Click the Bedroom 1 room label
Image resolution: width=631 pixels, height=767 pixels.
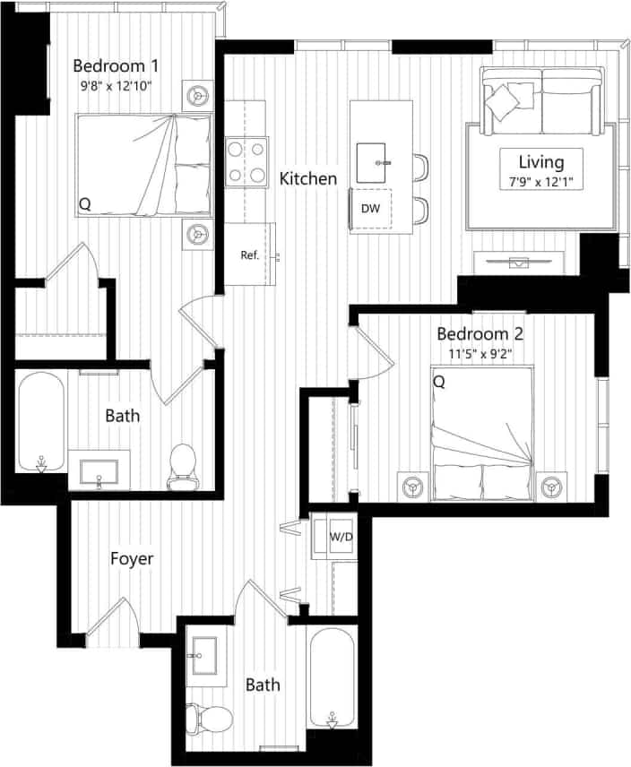[x=117, y=65]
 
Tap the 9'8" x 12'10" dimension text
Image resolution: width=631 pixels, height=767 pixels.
[x=117, y=88]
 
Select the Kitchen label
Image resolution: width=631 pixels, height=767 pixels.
[x=308, y=178]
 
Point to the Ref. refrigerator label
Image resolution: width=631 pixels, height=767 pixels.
[x=249, y=254]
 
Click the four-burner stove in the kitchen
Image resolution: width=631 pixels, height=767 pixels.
[x=246, y=161]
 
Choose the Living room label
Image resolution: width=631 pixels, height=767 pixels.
[x=541, y=162]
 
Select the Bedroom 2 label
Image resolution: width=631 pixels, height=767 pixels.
[x=480, y=334]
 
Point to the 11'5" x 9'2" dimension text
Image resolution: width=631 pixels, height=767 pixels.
[x=480, y=355]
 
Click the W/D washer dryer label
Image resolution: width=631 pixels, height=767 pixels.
[x=341, y=538]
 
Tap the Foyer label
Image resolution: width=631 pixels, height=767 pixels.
[x=132, y=559]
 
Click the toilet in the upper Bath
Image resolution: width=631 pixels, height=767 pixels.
[x=182, y=466]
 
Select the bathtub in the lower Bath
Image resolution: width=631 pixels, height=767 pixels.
[x=332, y=677]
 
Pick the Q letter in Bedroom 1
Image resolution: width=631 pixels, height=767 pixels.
[x=85, y=204]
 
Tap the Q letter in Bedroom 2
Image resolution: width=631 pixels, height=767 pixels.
[x=439, y=383]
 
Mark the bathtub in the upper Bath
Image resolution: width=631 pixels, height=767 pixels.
[x=40, y=421]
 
